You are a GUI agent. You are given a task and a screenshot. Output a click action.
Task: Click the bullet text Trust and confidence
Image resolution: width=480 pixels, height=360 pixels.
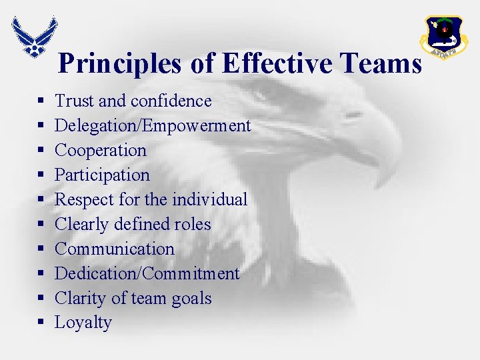(133, 101)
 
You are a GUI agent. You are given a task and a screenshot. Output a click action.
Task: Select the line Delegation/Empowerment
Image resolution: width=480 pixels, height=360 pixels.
(152, 126)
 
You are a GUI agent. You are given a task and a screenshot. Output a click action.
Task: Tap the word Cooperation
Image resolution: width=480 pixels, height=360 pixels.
(100, 151)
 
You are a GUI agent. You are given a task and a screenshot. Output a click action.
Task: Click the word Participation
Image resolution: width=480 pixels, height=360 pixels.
(102, 175)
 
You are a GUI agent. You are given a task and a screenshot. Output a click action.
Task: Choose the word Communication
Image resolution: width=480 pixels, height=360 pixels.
(114, 249)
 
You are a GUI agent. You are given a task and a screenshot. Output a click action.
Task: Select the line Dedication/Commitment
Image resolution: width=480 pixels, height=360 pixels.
(147, 273)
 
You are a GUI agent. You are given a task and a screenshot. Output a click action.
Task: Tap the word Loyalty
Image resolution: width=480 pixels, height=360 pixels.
(83, 323)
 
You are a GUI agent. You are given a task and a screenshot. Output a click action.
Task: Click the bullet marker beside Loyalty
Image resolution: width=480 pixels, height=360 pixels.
(41, 323)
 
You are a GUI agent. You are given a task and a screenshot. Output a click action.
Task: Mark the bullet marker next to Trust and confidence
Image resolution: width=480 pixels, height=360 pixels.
(41, 101)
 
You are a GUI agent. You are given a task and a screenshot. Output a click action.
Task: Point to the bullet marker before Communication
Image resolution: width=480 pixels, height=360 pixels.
(41, 249)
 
